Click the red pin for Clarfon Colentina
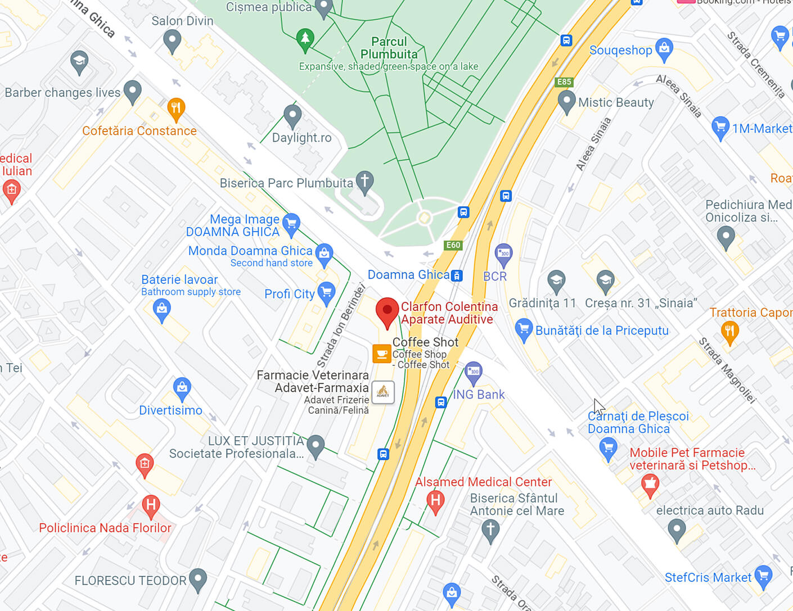point(387,311)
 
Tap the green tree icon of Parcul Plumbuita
point(305,39)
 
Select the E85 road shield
point(564,82)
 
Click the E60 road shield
point(453,245)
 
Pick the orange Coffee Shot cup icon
point(382,354)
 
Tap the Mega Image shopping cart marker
point(291,224)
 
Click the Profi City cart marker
point(326,292)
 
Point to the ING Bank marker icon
point(474,372)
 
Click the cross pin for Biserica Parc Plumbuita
point(365,182)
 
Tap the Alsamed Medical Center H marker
point(435,500)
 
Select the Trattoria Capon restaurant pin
point(729,331)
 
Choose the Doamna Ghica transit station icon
point(457,275)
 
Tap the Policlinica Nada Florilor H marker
point(150,505)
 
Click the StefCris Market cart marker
point(763,576)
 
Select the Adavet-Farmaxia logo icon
point(383,392)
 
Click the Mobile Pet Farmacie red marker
point(650,484)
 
